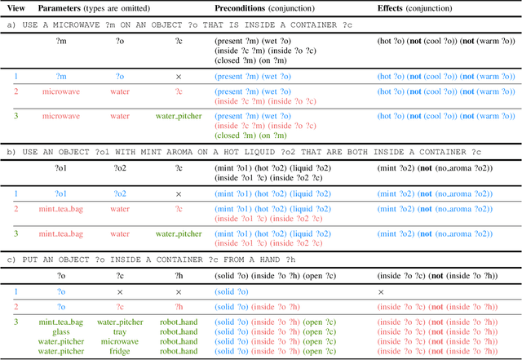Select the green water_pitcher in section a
[178, 117]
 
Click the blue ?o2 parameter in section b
[120, 193]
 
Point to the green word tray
[120, 331]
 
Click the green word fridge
[120, 351]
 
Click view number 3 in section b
[15, 234]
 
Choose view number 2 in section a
[15, 92]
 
